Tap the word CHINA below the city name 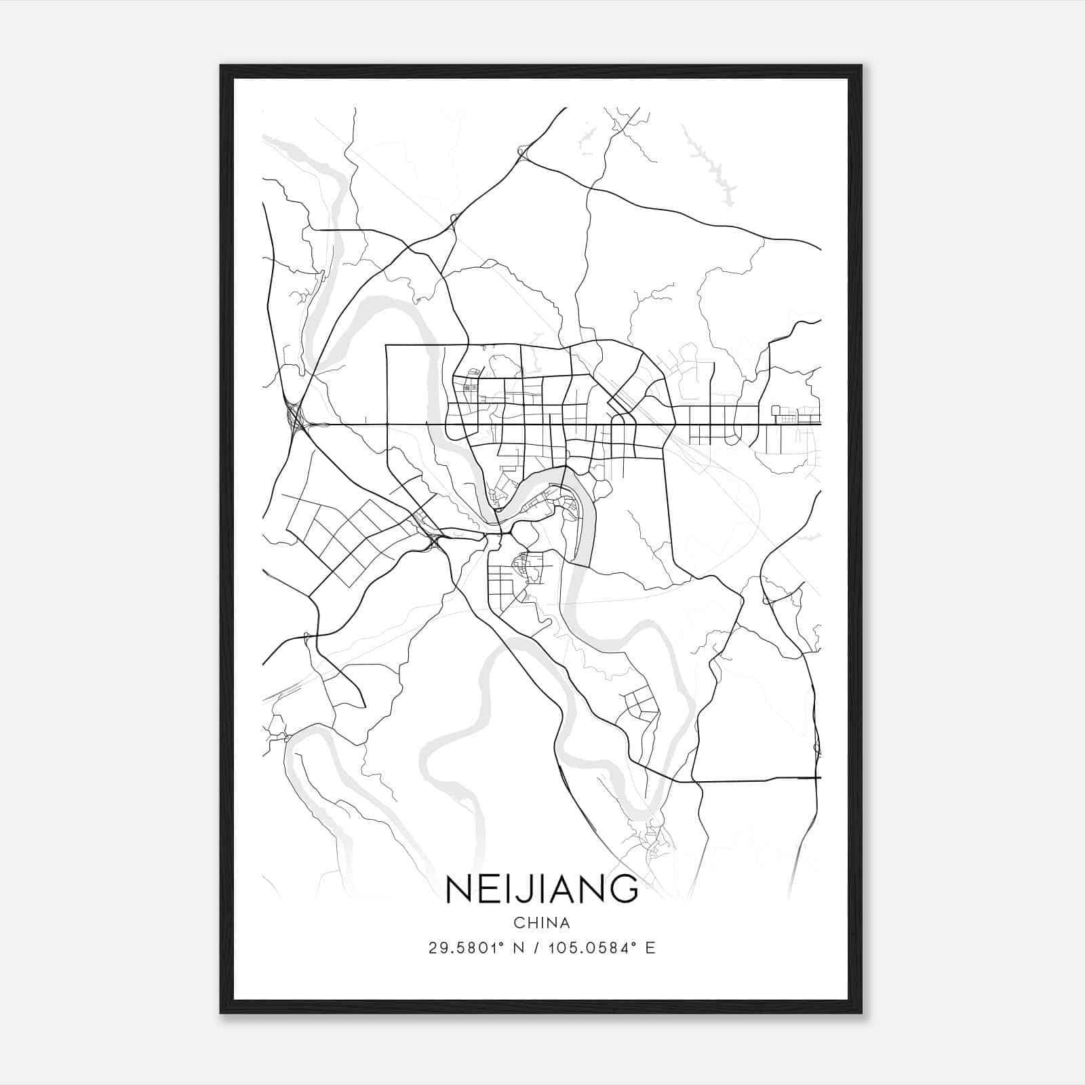pos(542,923)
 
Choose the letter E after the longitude pos(650,948)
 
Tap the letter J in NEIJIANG pos(522,890)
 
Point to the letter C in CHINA pos(519,923)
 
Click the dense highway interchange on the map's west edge pos(296,419)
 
